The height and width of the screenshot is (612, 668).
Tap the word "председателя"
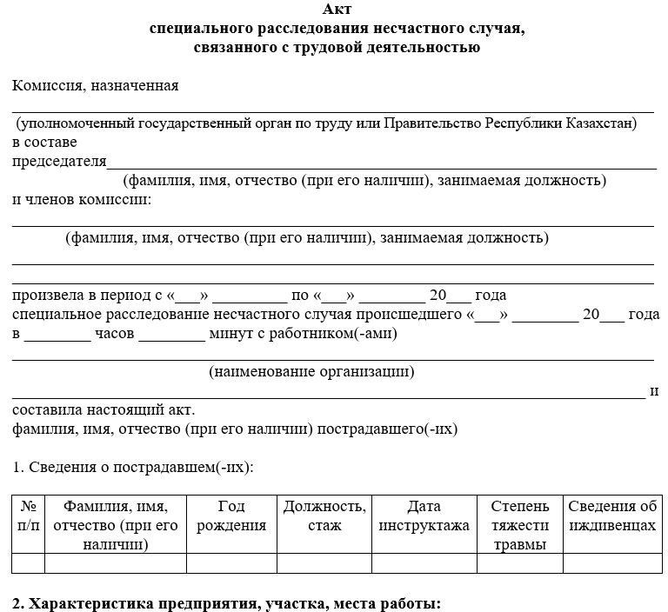point(59,161)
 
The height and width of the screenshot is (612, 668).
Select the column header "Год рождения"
point(231,516)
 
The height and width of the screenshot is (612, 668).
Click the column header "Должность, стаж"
point(324,516)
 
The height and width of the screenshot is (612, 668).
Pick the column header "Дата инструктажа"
point(424,516)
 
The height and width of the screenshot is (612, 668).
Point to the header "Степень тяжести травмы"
point(519,525)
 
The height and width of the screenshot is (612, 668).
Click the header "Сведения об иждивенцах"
point(611,516)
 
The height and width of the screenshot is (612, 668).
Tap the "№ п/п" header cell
point(28,516)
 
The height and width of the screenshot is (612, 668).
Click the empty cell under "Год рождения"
point(231,563)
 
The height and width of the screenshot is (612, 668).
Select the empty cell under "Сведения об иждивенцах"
point(611,563)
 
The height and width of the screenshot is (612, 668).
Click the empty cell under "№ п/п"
point(28,563)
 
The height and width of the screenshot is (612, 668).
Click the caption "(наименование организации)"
point(311,372)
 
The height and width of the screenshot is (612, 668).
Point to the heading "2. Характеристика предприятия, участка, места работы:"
point(227,602)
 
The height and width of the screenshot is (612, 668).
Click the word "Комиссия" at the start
point(47,85)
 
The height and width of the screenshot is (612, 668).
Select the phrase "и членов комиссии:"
point(82,200)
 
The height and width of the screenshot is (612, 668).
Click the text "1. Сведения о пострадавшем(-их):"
point(133,467)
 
